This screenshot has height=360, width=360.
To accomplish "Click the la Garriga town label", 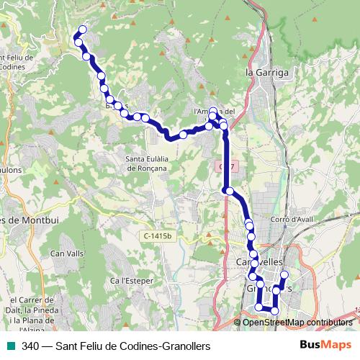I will tap(267, 73).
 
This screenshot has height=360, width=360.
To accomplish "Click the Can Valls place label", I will tap(67, 253).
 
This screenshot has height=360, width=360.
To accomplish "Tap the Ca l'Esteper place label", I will tap(129, 280).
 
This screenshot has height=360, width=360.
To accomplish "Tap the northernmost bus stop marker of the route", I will tap(82, 30).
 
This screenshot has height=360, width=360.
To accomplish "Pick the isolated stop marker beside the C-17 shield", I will tap(228, 191).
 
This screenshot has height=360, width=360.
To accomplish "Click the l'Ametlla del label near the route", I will tap(215, 112).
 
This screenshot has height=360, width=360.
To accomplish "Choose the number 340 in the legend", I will tap(30, 346).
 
